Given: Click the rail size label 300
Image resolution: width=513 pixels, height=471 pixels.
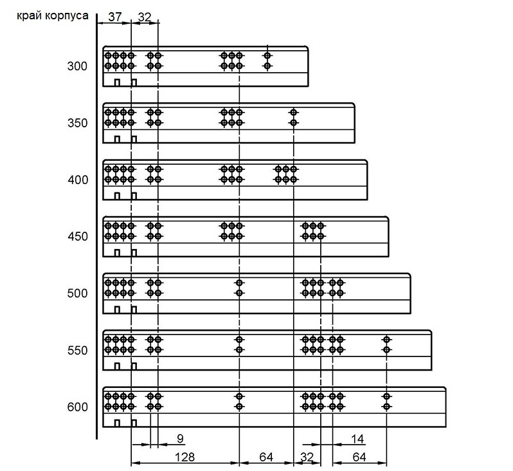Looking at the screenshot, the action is (77, 66).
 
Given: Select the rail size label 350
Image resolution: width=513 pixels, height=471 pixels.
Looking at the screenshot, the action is (78, 123).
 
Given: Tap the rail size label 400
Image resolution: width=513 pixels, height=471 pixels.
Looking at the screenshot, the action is (78, 180).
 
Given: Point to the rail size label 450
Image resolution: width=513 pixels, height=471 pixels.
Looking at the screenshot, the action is (78, 237).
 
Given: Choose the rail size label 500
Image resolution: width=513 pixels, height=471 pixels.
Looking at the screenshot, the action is (78, 293).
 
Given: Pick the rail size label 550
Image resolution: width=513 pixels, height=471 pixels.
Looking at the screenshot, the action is (78, 351).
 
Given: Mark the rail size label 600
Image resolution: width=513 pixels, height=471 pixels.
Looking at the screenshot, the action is (78, 407).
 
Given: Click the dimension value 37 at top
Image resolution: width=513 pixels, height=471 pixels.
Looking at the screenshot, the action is (115, 17).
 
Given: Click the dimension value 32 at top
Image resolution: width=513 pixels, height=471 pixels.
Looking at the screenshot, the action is (145, 17).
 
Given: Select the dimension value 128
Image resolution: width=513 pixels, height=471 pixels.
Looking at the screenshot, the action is (185, 457).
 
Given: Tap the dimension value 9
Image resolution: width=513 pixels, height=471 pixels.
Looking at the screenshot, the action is (180, 439).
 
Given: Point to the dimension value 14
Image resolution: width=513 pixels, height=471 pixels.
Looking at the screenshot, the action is (357, 439).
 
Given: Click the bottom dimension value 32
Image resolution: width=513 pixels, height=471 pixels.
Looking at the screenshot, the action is (307, 457).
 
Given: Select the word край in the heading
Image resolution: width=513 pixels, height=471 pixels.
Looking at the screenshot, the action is (30, 15).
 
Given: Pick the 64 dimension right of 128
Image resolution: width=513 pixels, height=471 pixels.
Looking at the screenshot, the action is (266, 457).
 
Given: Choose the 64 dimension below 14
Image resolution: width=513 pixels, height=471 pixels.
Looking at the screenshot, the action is (359, 457).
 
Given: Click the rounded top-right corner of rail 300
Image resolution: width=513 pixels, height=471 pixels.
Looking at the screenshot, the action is (307, 48).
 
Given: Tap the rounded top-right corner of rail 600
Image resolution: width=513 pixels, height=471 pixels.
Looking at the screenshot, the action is (445, 389).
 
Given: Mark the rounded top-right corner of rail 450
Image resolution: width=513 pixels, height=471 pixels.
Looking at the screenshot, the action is (388, 218).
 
